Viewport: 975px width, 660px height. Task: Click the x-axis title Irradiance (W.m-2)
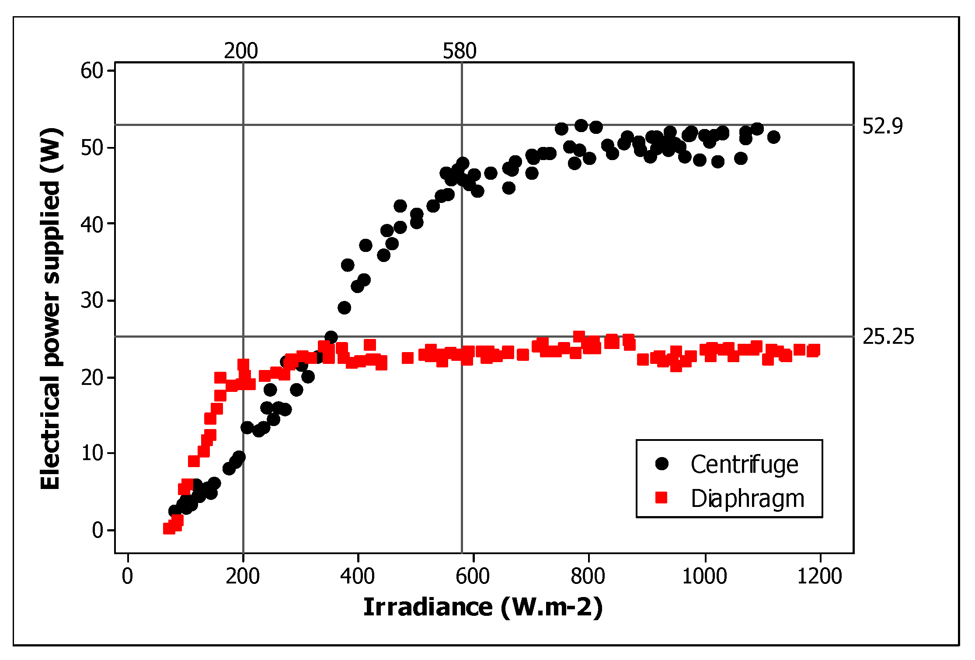(x=483, y=608)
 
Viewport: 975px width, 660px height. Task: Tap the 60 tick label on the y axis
(x=91, y=70)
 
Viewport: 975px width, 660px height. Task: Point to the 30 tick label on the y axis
(x=91, y=300)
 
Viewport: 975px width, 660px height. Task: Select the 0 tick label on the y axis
(x=97, y=530)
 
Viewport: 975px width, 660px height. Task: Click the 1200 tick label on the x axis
(x=819, y=576)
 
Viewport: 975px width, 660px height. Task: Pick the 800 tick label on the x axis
(x=588, y=576)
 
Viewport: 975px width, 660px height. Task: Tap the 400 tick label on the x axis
(x=358, y=576)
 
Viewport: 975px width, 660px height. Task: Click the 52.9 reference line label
(x=882, y=126)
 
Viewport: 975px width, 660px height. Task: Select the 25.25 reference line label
(x=888, y=337)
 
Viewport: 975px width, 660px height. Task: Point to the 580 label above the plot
(x=460, y=51)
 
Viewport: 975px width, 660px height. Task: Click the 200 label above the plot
(x=241, y=51)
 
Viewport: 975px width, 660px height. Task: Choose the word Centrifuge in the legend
(x=744, y=464)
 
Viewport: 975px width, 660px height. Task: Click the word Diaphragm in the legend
(x=747, y=498)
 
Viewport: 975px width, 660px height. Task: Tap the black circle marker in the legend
(x=662, y=464)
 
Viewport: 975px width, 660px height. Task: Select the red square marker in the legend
(x=662, y=498)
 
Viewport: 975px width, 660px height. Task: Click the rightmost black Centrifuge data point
(x=773, y=137)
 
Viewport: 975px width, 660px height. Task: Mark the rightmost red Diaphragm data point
(x=813, y=350)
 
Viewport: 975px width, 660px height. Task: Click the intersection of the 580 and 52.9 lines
(x=462, y=125)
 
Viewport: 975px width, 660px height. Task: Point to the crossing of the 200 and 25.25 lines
(x=243, y=336)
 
